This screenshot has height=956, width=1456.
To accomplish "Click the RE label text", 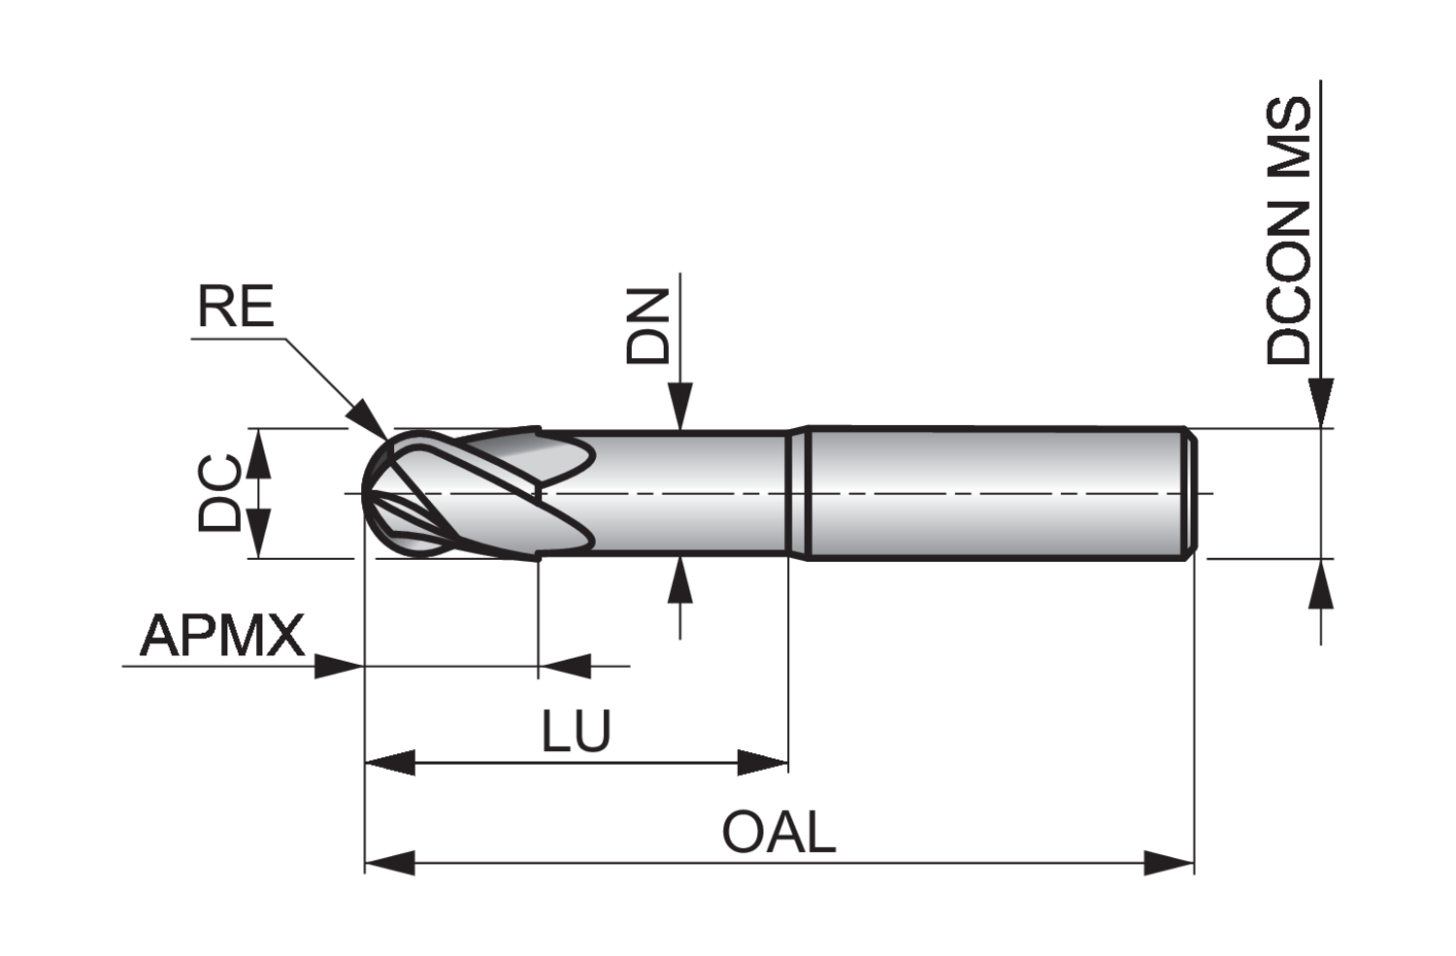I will pos(236,307).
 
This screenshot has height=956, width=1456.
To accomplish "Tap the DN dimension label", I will pos(648,326).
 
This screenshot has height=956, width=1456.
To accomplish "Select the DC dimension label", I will pos(220,493).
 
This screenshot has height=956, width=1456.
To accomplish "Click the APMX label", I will pos(222,637).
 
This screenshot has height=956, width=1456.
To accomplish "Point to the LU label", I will pos(577,732).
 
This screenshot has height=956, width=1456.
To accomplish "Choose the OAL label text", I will pos(778,833).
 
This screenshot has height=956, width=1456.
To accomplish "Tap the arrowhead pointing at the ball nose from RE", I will pos(371,416).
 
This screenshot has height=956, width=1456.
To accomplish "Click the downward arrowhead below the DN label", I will pos(681,406).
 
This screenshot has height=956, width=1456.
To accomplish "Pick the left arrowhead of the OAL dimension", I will pos(389,861).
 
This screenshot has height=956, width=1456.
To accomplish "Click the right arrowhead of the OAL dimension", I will pos(1169,861).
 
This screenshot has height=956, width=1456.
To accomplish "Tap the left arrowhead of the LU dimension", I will pos(389,762).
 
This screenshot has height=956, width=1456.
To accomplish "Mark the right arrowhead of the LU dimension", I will pos(763,762).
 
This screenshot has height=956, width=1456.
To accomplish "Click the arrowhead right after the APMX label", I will pos(339,666).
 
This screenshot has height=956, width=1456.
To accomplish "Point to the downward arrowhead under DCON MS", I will pos(1321,402).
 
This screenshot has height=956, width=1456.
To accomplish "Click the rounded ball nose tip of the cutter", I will pos(367,493).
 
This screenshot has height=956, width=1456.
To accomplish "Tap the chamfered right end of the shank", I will pos(1189,493).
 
